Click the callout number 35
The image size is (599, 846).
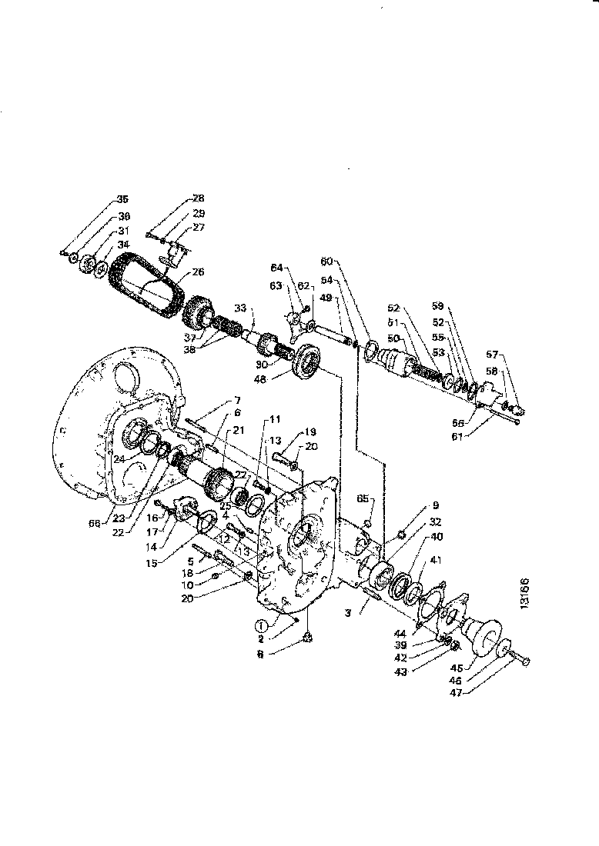(x=122, y=199)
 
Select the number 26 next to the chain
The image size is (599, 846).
(x=198, y=271)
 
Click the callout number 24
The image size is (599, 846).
(x=119, y=459)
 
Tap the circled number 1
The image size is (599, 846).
(x=263, y=625)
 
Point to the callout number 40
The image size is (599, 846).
(x=437, y=537)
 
